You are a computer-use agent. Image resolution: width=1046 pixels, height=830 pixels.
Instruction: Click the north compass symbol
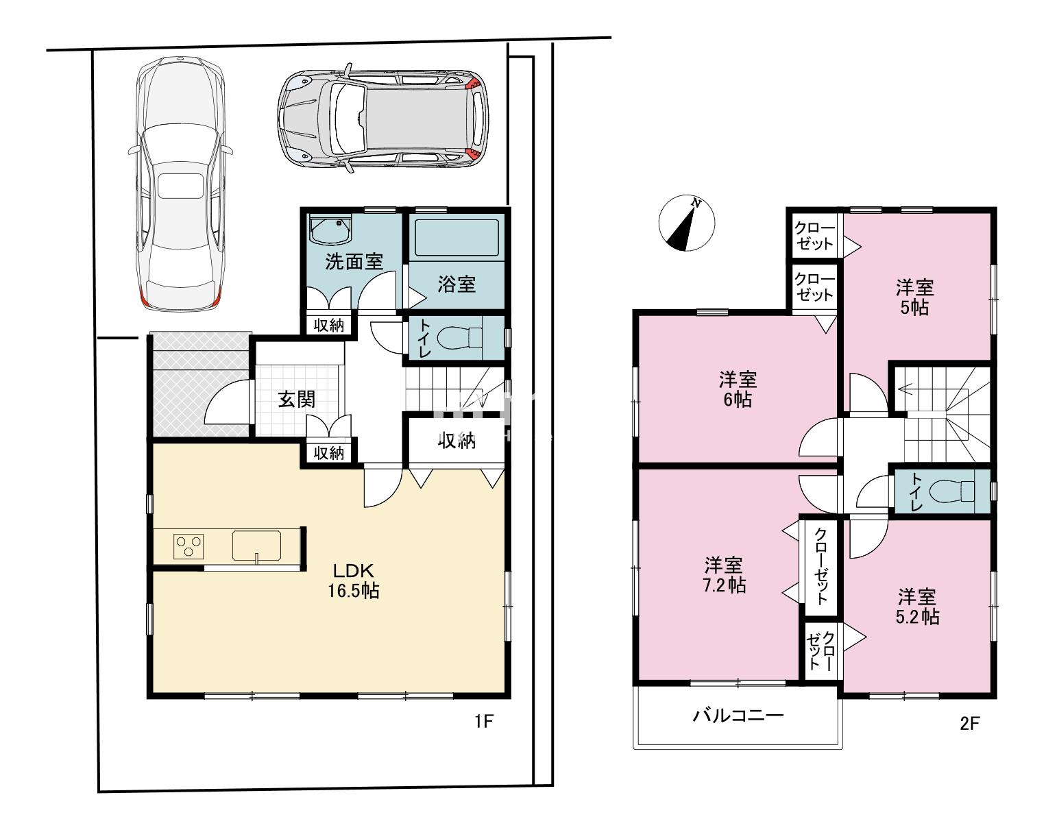[x=686, y=223]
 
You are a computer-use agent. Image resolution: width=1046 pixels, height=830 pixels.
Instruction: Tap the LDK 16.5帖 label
[x=354, y=581]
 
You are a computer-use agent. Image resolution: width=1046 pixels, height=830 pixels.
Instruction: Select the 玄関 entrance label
[x=297, y=400]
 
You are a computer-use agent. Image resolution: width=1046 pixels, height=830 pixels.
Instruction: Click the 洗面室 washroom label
[x=354, y=262]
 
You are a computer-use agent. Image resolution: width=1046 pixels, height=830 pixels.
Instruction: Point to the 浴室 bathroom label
[x=457, y=284]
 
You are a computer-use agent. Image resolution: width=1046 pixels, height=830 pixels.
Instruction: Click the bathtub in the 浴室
[x=457, y=237]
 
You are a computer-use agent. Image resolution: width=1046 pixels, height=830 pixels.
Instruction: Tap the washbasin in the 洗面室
[x=330, y=230]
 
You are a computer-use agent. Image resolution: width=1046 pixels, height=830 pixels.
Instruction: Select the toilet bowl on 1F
[x=459, y=337]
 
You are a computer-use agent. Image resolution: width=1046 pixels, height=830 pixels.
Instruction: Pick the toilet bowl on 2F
[x=952, y=491]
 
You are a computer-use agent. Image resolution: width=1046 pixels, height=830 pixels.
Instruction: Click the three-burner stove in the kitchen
[x=188, y=547]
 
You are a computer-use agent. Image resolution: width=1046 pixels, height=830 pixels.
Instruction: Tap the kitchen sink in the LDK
[x=256, y=546]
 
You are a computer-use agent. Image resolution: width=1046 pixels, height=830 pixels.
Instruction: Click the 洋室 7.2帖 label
[x=725, y=575]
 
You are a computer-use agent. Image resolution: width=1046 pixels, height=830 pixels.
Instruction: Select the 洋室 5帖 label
[x=915, y=297]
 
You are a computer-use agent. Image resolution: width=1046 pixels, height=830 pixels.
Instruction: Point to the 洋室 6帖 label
[x=738, y=389]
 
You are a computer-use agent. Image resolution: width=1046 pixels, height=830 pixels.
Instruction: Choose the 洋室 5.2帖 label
[x=917, y=607]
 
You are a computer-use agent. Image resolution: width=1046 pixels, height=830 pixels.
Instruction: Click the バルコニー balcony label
[x=738, y=716]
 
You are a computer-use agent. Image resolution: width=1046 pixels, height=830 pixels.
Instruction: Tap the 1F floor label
[x=484, y=722]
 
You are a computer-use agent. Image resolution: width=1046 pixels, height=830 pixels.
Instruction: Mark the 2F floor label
[x=970, y=724]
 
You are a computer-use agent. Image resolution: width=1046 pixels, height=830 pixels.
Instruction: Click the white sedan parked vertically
[x=180, y=184]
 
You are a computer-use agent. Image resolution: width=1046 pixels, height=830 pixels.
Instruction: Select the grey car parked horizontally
[x=383, y=119]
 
